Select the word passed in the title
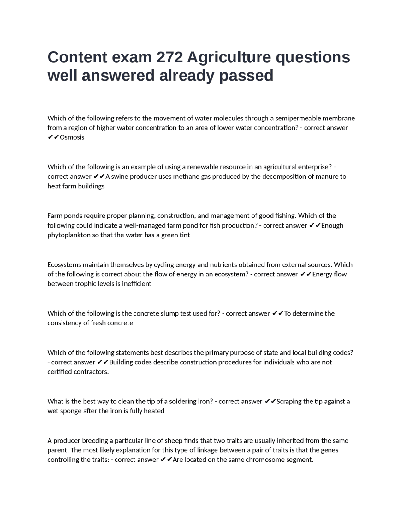246,76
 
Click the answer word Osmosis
72,137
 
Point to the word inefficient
136,284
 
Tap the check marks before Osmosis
53,137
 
